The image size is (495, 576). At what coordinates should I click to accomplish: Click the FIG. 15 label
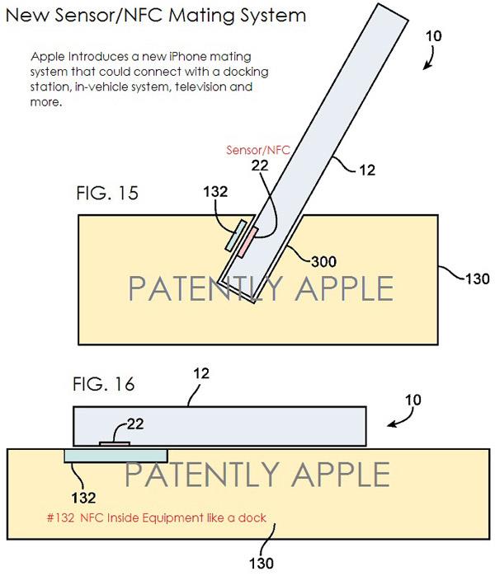pyautogui.click(x=107, y=193)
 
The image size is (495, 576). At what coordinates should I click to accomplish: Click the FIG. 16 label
pyautogui.click(x=104, y=384)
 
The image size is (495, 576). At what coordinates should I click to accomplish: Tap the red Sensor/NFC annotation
pyautogui.click(x=258, y=150)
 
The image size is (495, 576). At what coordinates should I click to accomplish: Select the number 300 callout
pyautogui.click(x=323, y=261)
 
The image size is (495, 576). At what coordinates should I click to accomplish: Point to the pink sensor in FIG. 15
pyautogui.click(x=248, y=242)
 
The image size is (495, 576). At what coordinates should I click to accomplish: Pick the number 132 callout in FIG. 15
pyautogui.click(x=215, y=191)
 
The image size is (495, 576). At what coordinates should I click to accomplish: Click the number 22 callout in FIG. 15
pyautogui.click(x=260, y=166)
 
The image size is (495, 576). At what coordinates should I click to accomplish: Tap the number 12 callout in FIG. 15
pyautogui.click(x=367, y=170)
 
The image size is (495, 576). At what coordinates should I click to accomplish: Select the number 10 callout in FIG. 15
pyautogui.click(x=434, y=36)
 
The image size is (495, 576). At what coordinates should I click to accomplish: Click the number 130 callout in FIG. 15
pyautogui.click(x=478, y=279)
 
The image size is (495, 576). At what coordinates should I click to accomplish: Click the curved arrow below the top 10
pyautogui.click(x=431, y=58)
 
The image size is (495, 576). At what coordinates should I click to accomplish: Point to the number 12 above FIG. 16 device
pyautogui.click(x=201, y=373)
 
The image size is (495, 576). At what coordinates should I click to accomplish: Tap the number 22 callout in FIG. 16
pyautogui.click(x=135, y=424)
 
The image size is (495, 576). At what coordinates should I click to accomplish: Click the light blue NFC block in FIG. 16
pyautogui.click(x=115, y=456)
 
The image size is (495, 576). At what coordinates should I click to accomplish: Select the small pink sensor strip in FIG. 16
pyautogui.click(x=115, y=444)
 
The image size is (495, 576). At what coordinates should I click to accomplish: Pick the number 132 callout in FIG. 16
pyautogui.click(x=83, y=498)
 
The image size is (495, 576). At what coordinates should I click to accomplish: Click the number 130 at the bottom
pyautogui.click(x=261, y=563)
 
